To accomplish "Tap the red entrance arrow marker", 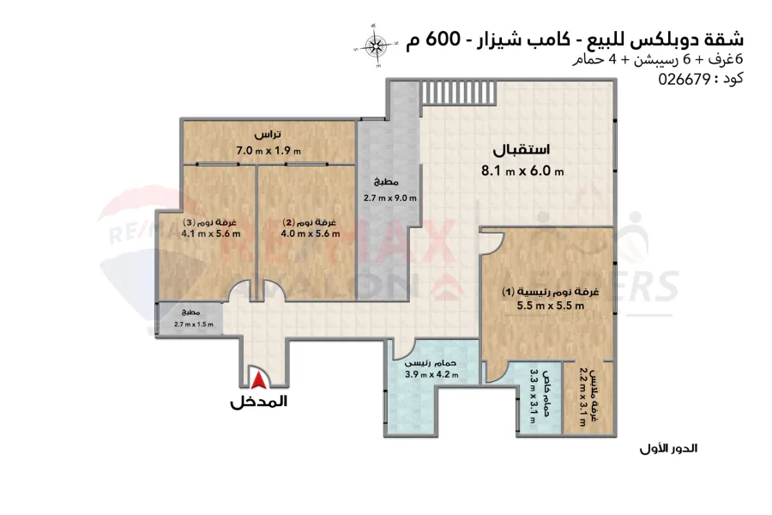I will point(257,379).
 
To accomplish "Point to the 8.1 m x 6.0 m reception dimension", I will point(522,171).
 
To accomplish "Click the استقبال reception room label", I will point(522,149).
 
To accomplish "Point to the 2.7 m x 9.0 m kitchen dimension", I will point(390,199).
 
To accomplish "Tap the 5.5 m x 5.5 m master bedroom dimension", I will point(550,306).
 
